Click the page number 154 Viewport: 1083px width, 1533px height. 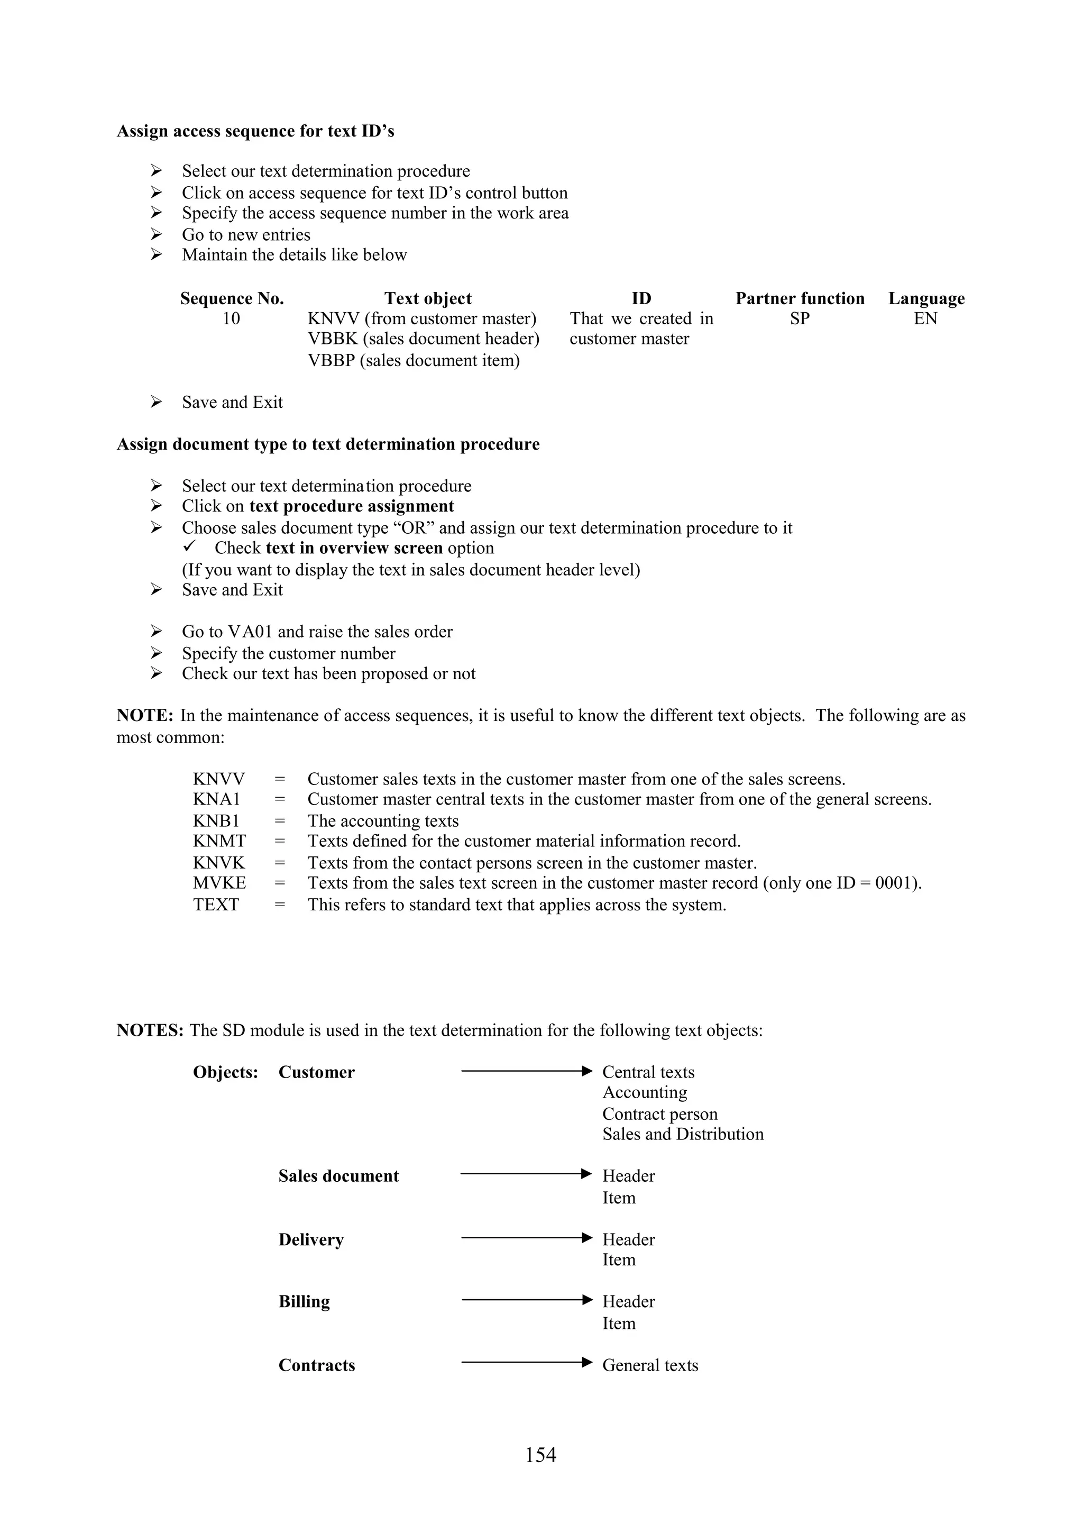540,1454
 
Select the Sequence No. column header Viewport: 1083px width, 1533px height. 232,298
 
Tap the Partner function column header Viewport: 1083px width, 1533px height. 800,298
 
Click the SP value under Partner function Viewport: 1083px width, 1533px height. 800,318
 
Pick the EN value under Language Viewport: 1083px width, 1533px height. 925,318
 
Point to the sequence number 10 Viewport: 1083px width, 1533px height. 231,318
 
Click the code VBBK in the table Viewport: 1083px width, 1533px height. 332,339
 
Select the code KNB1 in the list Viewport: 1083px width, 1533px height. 216,820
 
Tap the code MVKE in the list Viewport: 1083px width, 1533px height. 219,883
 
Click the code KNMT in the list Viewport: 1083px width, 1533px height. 219,841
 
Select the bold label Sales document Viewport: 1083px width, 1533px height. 338,1176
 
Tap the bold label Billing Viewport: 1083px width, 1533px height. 304,1301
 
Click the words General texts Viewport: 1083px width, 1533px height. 650,1365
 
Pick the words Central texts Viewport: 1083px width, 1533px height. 648,1072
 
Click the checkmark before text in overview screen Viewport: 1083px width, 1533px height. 189,547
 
